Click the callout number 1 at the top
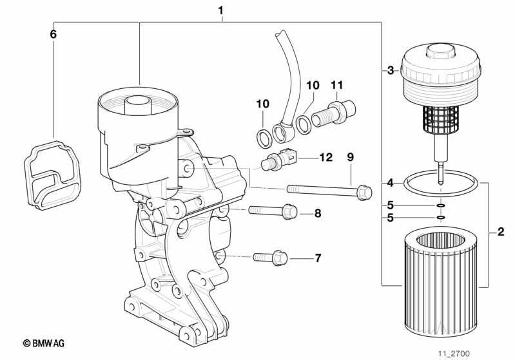coord(221,10)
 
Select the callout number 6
coord(53,34)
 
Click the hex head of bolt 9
coord(364,193)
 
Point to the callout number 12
coord(326,158)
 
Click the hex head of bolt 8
coord(289,211)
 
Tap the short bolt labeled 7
coord(270,258)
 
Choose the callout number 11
coord(336,85)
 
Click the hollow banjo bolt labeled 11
coord(333,114)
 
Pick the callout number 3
coord(391,70)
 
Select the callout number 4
coord(390,183)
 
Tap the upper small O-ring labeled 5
coord(440,205)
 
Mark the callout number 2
coord(501,232)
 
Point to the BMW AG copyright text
coord(44,343)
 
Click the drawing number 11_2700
coord(454,354)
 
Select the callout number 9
coord(351,157)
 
